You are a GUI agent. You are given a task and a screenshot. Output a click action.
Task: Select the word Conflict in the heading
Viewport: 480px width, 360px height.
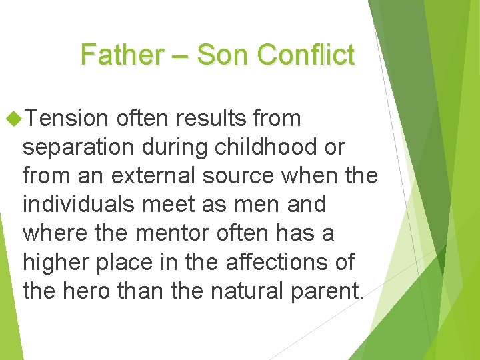305,55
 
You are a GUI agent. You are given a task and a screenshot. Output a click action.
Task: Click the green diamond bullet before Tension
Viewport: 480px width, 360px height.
13,119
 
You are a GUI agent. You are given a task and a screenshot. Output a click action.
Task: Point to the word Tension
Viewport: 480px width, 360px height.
68,119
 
